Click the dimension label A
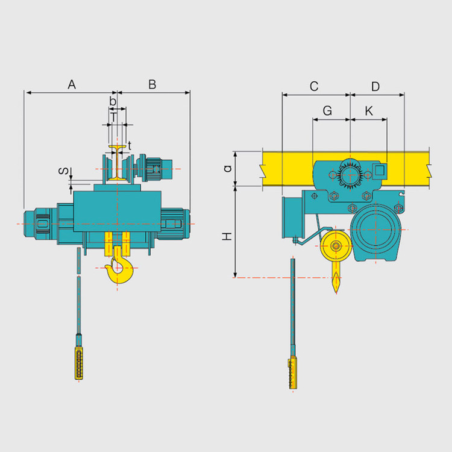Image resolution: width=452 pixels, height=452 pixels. pyautogui.click(x=72, y=84)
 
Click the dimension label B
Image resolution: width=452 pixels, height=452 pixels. pyautogui.click(x=152, y=84)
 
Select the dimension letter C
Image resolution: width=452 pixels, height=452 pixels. pyautogui.click(x=314, y=86)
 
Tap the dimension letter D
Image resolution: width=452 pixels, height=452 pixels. pyautogui.click(x=375, y=86)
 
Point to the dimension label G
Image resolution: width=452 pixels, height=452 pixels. pyautogui.click(x=327, y=111)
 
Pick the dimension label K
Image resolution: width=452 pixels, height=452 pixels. pyautogui.click(x=369, y=111)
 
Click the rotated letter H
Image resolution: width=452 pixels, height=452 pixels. pyautogui.click(x=227, y=236)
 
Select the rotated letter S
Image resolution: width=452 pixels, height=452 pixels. pyautogui.click(x=63, y=171)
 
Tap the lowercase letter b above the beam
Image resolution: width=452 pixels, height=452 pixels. pyautogui.click(x=113, y=101)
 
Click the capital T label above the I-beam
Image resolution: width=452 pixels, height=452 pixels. pyautogui.click(x=114, y=118)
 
